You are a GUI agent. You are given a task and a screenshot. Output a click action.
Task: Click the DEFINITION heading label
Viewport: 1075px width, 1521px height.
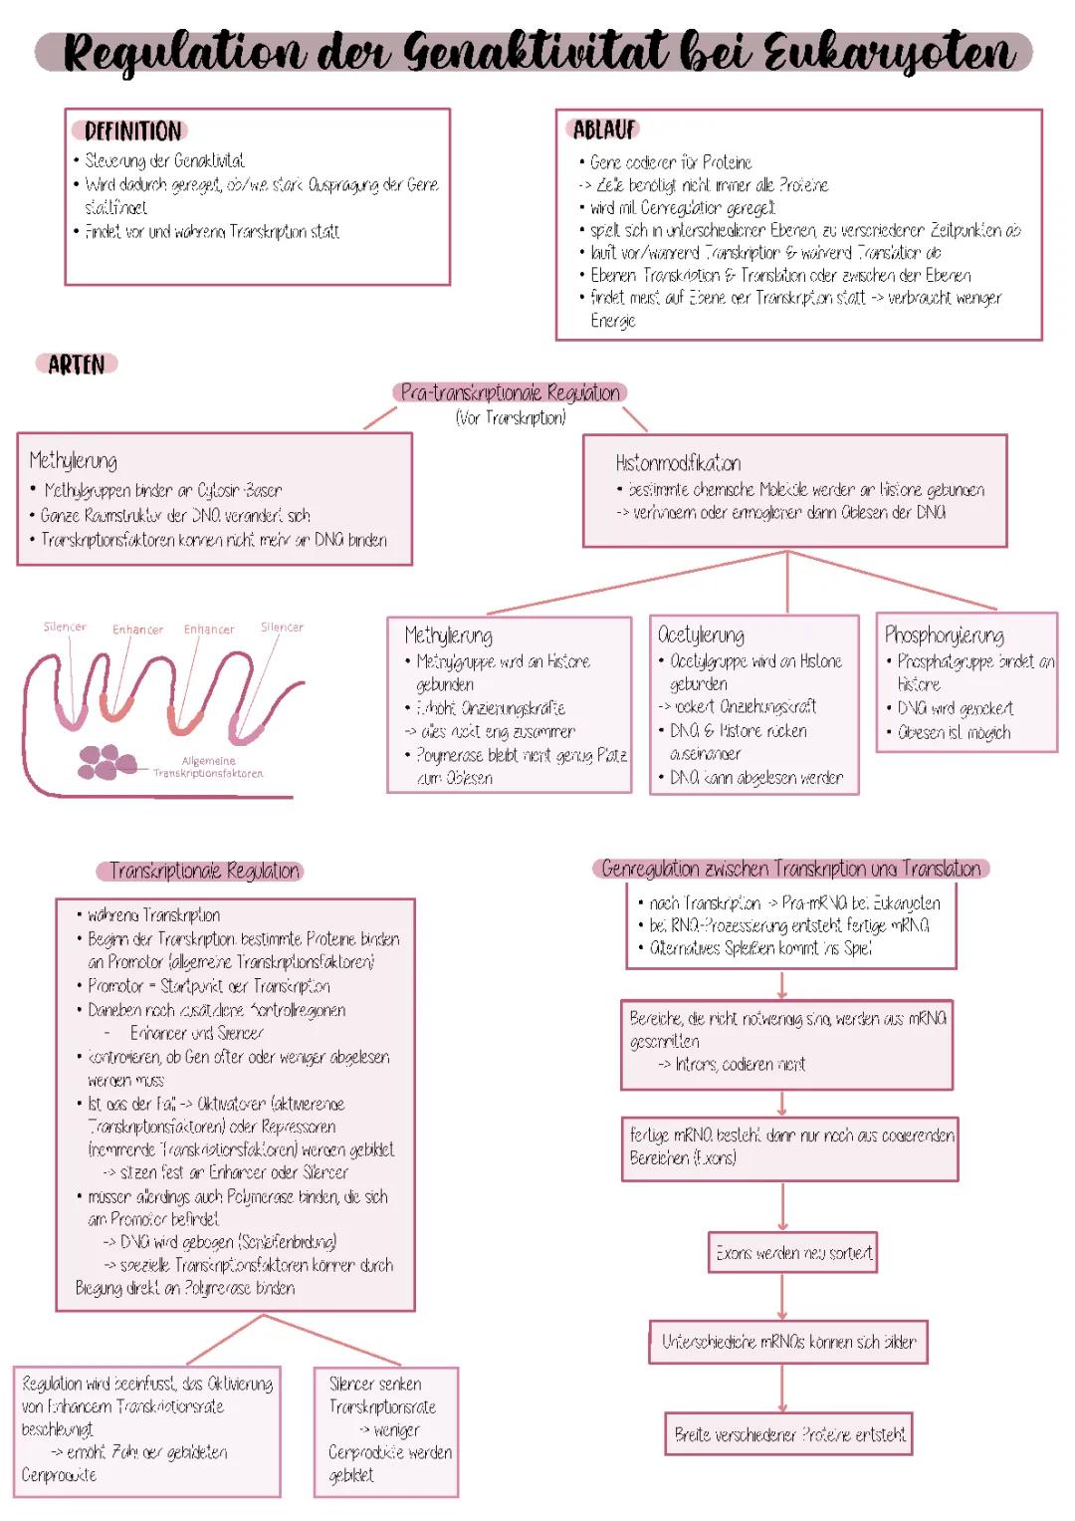pyautogui.click(x=131, y=131)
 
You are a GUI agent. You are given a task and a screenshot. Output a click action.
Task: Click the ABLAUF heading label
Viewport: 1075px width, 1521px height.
pyautogui.click(x=604, y=129)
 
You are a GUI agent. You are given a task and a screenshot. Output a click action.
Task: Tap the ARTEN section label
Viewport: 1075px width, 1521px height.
pyautogui.click(x=77, y=365)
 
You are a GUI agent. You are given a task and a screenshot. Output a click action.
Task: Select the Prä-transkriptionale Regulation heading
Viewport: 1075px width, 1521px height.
pyautogui.click(x=510, y=392)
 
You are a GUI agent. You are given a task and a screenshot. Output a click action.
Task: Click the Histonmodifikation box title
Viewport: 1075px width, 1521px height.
pyautogui.click(x=678, y=463)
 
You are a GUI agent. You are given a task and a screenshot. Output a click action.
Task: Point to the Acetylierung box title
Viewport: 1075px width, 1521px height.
pyautogui.click(x=701, y=634)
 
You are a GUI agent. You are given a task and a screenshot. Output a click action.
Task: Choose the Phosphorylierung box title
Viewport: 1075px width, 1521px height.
pyautogui.click(x=944, y=634)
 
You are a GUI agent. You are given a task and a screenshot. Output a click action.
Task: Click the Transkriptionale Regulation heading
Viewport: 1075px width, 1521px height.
pyautogui.click(x=203, y=871)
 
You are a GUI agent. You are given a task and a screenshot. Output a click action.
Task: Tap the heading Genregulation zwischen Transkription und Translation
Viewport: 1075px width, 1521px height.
pyautogui.click(x=791, y=869)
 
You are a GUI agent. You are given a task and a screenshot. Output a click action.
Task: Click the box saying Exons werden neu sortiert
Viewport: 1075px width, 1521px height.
pyautogui.click(x=793, y=1253)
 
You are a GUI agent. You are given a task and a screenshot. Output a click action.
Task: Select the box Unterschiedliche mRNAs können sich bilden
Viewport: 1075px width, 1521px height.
pyautogui.click(x=788, y=1342)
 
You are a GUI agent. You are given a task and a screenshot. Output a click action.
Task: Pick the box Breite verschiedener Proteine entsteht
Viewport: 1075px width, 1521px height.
pyautogui.click(x=789, y=1435)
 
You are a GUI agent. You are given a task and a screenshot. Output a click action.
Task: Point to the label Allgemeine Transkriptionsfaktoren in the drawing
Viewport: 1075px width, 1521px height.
pyautogui.click(x=208, y=767)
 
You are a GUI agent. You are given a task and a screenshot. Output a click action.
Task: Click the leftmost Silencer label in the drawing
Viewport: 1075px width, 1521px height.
pyautogui.click(x=65, y=627)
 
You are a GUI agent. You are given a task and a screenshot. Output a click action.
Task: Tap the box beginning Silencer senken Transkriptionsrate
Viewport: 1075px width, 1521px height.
pyautogui.click(x=387, y=1429)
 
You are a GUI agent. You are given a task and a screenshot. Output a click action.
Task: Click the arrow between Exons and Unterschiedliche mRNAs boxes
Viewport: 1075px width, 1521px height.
pyautogui.click(x=782, y=1297)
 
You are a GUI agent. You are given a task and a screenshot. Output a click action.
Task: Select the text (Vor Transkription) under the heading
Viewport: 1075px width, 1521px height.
pyautogui.click(x=511, y=418)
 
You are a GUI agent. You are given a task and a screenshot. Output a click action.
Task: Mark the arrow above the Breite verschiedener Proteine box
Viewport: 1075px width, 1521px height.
pyautogui.click(x=782, y=1388)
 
